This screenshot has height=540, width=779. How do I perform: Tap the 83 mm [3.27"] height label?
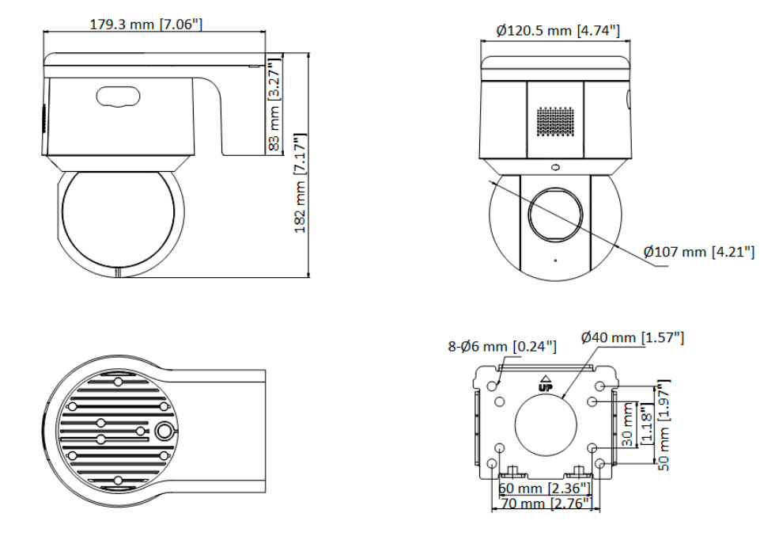point(274,105)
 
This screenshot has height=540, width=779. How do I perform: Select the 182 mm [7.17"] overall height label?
point(300,183)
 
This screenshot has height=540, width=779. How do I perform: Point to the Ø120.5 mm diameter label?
point(558,31)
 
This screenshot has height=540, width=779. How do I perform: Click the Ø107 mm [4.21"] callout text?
point(698,253)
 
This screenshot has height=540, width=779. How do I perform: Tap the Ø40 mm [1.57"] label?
point(632,338)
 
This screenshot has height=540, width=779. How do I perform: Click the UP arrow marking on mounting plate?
point(544,383)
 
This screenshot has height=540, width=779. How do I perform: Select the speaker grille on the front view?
point(556,121)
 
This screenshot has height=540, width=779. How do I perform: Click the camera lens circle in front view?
point(555,213)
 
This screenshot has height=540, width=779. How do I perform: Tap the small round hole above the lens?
point(555,168)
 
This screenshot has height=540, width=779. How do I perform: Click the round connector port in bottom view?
point(164,431)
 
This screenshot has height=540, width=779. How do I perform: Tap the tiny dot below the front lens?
point(555,260)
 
